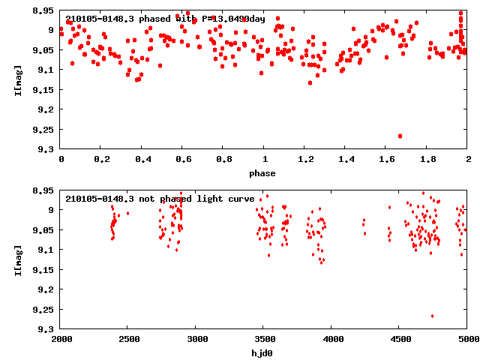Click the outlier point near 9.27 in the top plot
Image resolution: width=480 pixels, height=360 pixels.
click(400, 136)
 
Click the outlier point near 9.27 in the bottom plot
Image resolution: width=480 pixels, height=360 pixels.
click(432, 316)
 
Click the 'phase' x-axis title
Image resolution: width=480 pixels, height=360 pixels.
click(262, 173)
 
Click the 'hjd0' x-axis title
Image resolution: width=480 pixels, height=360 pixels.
click(262, 353)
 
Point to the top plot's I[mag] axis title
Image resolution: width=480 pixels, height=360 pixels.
click(16, 79)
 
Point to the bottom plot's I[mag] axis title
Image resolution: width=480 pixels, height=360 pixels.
click(16, 259)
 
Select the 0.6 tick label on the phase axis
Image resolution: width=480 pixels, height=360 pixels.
click(182, 160)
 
